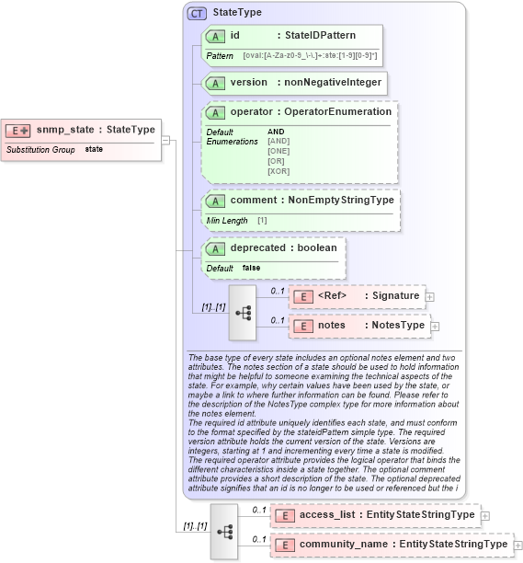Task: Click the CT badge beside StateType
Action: [x=196, y=14]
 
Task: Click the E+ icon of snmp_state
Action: [x=19, y=130]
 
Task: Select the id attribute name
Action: [x=235, y=36]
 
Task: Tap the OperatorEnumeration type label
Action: [x=337, y=111]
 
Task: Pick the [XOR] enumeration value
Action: [x=279, y=171]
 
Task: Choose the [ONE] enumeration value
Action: [x=279, y=151]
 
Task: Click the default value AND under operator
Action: [x=276, y=132]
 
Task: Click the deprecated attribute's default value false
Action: [x=251, y=268]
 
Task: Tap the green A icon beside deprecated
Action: [x=217, y=248]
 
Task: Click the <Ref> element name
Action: [x=331, y=296]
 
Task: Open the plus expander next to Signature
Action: [x=430, y=296]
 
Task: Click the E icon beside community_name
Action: [x=284, y=545]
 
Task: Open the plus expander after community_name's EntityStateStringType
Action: [x=518, y=545]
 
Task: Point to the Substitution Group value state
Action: [x=94, y=149]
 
